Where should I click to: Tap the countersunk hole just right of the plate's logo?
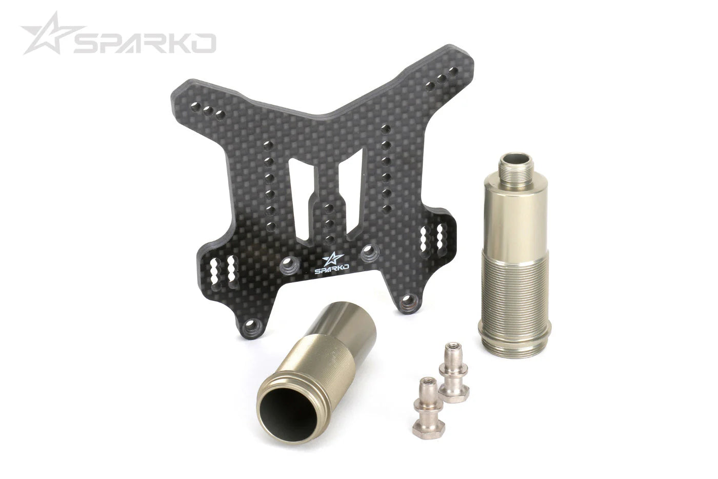click(369, 252)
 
